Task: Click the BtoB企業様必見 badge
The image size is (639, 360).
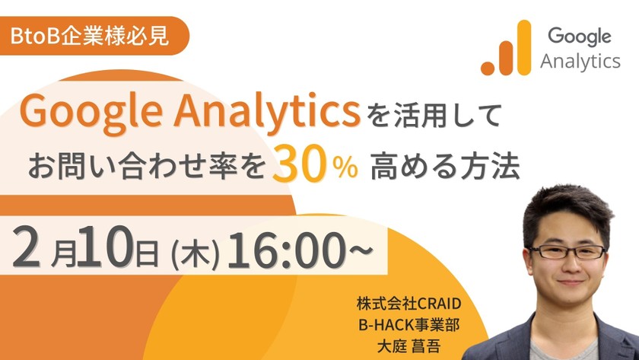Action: (90, 35)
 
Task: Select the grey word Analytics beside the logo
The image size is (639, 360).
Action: (580, 62)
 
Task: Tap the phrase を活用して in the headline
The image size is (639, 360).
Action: (434, 116)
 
